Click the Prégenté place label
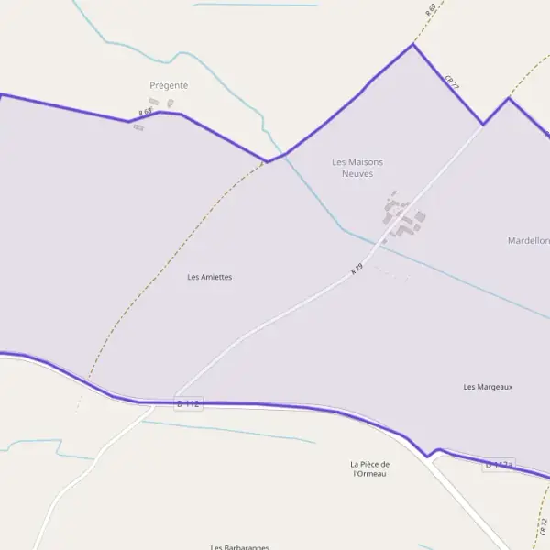169,85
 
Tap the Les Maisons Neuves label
357,168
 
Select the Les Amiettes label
209,277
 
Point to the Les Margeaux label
488,387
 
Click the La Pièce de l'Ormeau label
369,468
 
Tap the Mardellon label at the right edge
529,240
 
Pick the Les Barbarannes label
240,547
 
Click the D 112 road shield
187,403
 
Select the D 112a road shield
498,466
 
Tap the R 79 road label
357,270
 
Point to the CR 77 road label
451,82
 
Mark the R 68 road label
145,112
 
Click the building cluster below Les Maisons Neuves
401,218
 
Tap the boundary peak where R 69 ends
413,44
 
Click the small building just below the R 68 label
138,126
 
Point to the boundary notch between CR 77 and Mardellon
483,124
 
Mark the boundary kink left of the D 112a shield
427,456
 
